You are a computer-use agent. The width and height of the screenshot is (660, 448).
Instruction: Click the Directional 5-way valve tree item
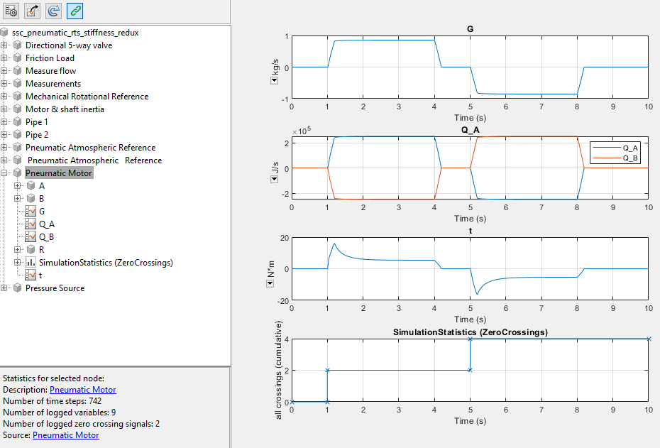pos(68,45)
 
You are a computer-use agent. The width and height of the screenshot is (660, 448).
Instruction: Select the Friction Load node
pos(50,58)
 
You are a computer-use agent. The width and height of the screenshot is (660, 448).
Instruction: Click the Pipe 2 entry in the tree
pos(37,135)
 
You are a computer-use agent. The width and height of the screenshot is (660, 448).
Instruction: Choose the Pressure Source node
pos(55,288)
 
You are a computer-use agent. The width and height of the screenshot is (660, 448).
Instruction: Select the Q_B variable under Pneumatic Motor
pos(47,237)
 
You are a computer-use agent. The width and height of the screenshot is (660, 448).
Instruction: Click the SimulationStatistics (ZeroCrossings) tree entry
pos(106,263)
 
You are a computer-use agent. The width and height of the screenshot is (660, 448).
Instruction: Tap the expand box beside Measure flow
pos(5,71)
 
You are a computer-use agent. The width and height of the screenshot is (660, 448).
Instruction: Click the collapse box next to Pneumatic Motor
pos(5,173)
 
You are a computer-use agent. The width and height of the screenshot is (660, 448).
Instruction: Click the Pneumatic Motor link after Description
pos(82,390)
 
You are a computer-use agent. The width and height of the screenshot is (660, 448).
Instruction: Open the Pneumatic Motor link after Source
pos(66,435)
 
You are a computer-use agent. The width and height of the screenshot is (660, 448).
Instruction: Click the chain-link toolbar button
pos(75,11)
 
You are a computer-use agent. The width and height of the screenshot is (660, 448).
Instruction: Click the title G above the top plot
pos(470,29)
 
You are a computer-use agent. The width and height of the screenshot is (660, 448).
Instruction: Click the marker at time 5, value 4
pos(470,339)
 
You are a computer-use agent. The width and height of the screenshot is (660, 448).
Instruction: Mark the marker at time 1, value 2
pos(327,371)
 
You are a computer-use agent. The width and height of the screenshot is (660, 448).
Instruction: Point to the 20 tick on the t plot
pos(283,238)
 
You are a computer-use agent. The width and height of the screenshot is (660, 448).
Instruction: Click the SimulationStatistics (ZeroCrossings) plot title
pos(470,332)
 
